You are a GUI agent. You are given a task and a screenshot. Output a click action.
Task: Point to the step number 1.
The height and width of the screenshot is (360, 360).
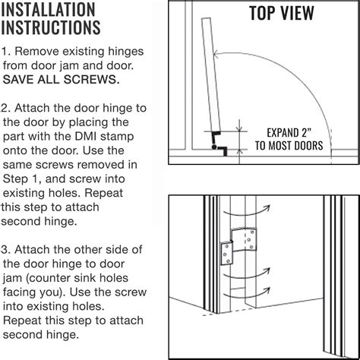(x=5, y=52)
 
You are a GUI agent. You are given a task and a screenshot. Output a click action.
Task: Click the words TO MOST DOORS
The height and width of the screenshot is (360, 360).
(x=291, y=145)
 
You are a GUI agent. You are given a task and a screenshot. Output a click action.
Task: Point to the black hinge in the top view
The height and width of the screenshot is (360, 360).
(x=219, y=142)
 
